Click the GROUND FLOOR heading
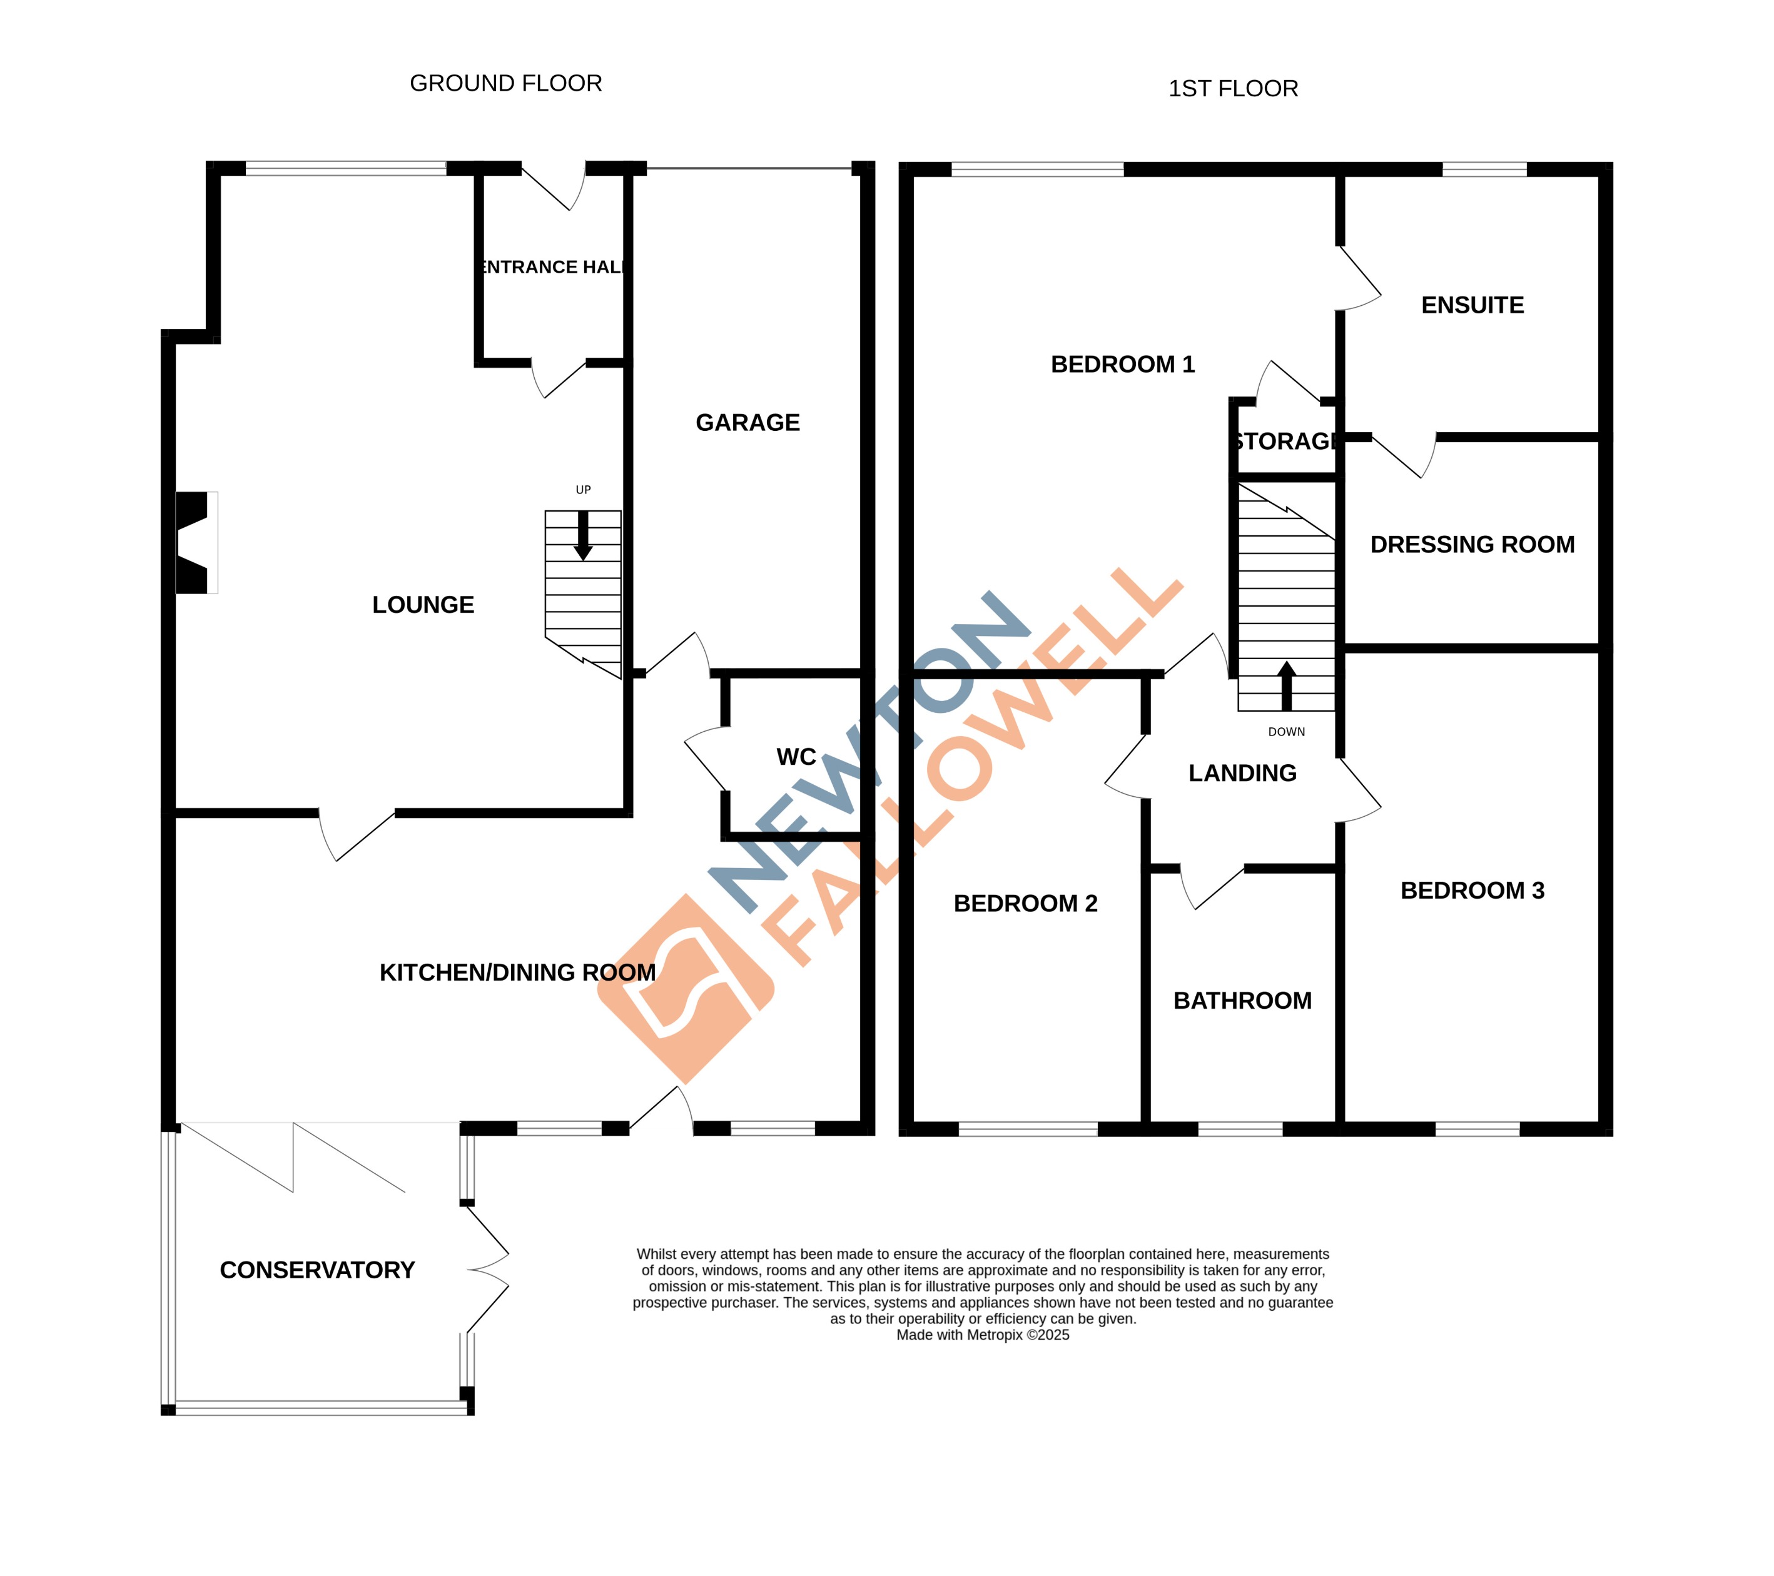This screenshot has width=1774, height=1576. [x=505, y=83]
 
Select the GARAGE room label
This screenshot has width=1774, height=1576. [x=748, y=423]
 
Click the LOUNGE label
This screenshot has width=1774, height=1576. [x=423, y=605]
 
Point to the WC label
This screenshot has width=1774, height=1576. [x=796, y=757]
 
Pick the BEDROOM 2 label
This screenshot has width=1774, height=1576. [x=1025, y=904]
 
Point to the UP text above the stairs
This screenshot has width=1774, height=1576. [x=583, y=490]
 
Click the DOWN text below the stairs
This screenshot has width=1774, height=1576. [x=1286, y=732]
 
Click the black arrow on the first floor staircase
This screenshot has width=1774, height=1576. [x=1286, y=685]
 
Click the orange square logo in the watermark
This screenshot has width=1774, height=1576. [x=686, y=989]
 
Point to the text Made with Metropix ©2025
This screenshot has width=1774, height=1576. [x=983, y=1335]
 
